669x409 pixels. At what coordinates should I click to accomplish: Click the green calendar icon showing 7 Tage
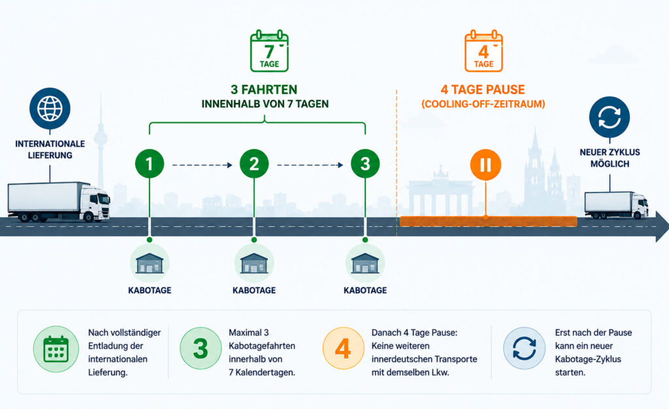click(269, 51)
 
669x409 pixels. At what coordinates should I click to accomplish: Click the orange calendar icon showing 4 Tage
click(483, 51)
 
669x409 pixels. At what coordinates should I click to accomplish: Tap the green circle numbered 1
click(150, 164)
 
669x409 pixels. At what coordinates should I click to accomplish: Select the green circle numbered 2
click(254, 164)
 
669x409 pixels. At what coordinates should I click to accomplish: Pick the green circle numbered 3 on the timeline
click(365, 164)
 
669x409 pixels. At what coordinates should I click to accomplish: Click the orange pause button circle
click(485, 165)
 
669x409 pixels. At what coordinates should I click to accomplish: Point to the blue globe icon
click(50, 108)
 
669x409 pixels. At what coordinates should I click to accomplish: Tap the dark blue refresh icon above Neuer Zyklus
click(610, 117)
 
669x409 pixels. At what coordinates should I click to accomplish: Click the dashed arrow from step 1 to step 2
click(203, 165)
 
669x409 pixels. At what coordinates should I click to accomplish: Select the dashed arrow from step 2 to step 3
click(310, 165)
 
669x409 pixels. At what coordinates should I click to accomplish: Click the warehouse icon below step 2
click(254, 263)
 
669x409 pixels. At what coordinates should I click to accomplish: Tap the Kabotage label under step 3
click(365, 291)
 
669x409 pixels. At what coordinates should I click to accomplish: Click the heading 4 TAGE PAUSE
click(483, 90)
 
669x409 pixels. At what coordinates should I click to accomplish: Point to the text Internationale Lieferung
click(50, 149)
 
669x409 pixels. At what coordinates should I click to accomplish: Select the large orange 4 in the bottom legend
click(343, 348)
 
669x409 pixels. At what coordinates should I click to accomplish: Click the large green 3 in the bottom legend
click(201, 348)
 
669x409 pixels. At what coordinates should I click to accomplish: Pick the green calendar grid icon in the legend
click(56, 350)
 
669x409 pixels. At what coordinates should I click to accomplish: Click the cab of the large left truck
click(95, 203)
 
